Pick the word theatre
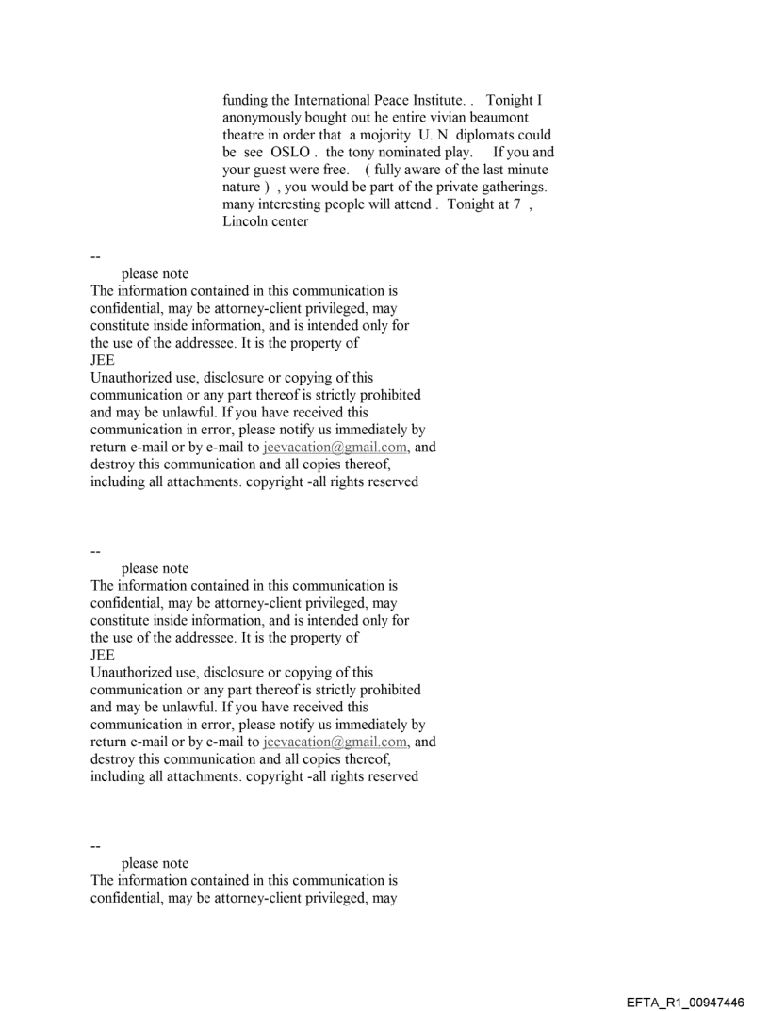click(245, 135)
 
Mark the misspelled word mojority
click(361, 135)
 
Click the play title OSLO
click(290, 153)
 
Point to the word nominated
click(414, 153)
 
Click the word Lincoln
click(248, 222)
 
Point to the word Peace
click(384, 100)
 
